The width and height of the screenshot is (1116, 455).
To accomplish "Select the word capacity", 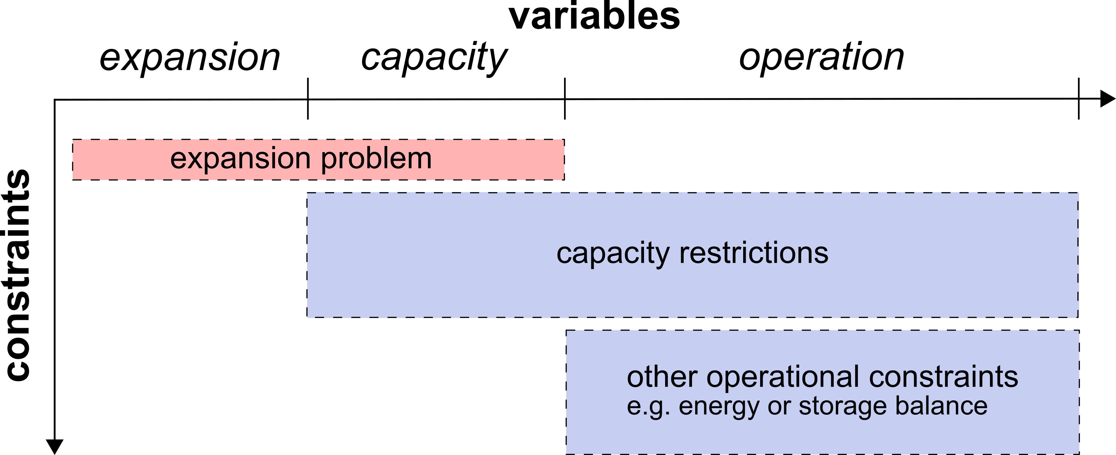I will click(x=613, y=254).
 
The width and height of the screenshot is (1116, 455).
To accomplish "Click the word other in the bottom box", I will click(x=662, y=377).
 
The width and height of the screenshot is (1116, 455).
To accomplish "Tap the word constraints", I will click(x=944, y=377).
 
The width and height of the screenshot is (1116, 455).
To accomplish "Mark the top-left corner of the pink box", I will click(x=73, y=140).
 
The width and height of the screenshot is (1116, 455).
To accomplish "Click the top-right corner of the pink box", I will click(x=564, y=140).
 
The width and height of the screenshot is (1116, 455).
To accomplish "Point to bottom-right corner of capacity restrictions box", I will click(x=1078, y=317).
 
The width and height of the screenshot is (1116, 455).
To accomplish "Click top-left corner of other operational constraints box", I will click(x=567, y=331).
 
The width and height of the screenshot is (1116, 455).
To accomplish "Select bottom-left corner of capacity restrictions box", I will click(x=308, y=317).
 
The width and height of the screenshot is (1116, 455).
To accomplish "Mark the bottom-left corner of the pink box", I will click(x=73, y=179).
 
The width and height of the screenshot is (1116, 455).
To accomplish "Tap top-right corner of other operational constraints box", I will click(x=1078, y=331).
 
